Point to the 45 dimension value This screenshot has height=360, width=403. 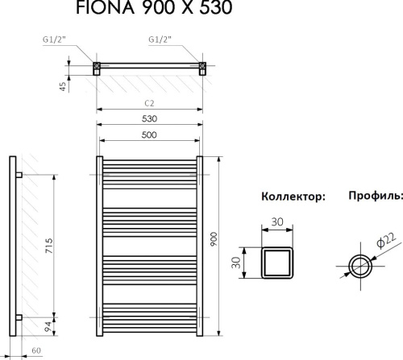pos(62,86)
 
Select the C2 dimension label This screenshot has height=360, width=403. pos(150,103)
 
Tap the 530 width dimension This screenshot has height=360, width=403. pos(150,118)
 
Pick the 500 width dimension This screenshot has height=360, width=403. pos(150,134)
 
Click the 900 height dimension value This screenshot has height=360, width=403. pos(214,240)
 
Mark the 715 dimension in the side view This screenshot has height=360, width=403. pos(49,244)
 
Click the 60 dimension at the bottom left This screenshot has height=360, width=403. pos(38,352)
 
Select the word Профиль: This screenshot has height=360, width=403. pos(375,196)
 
